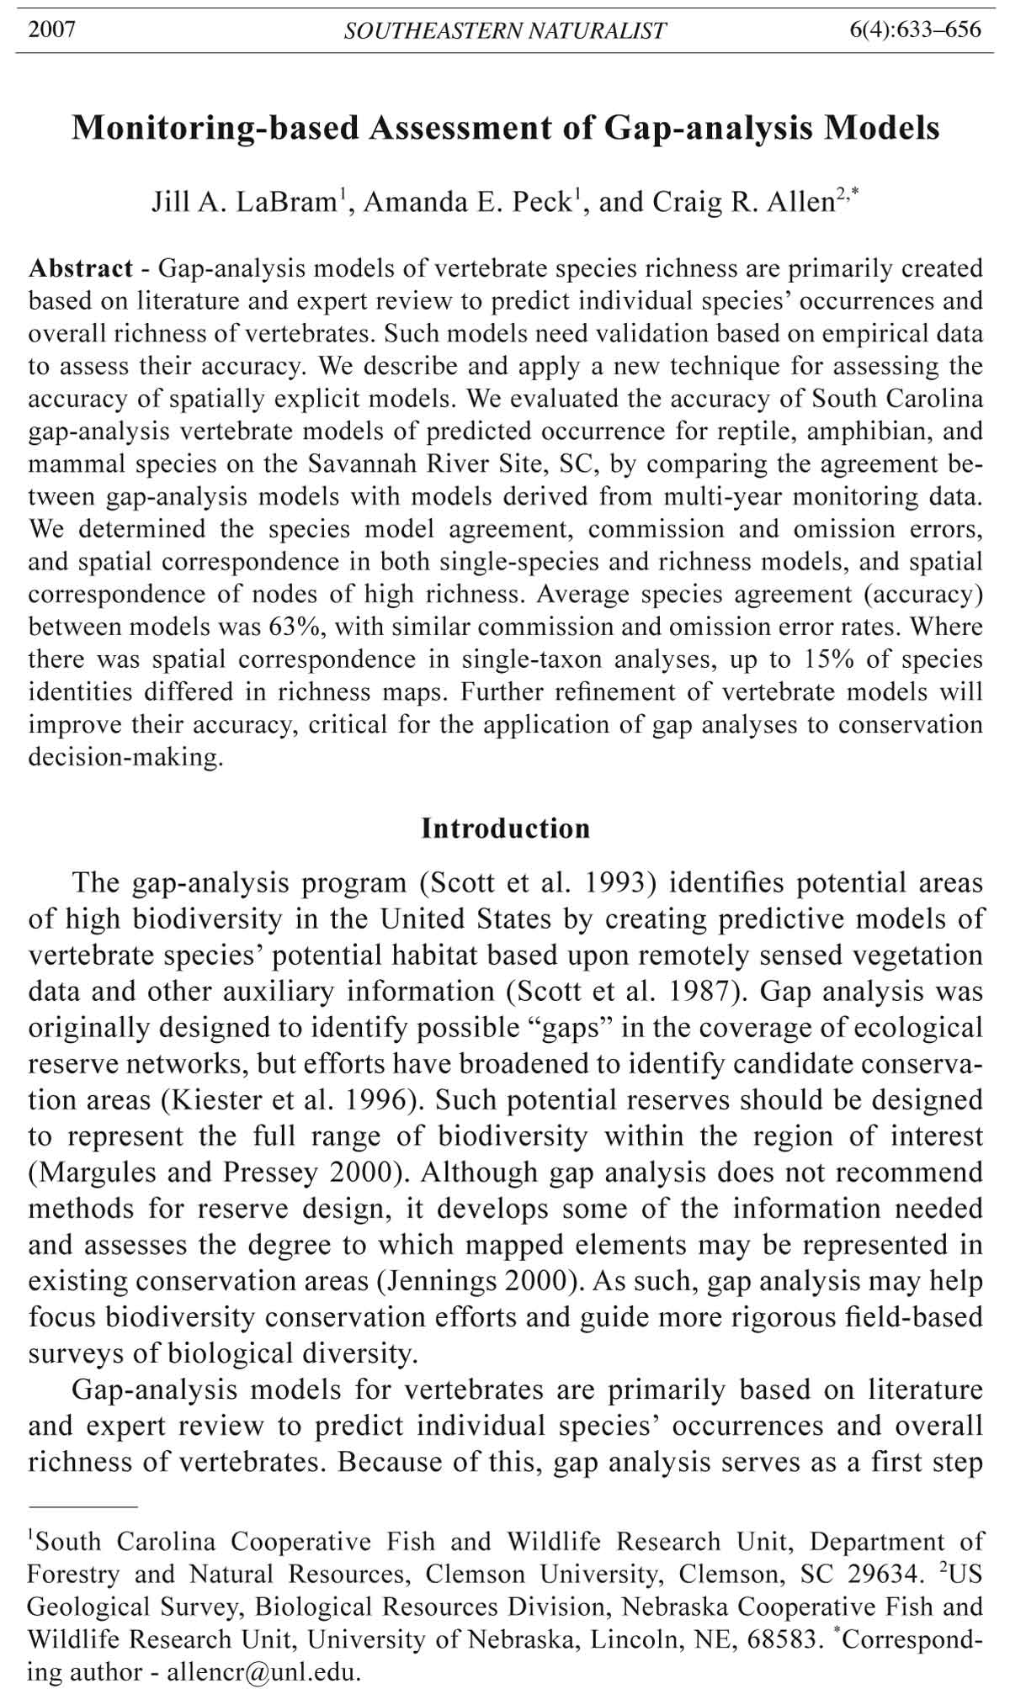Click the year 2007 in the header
tap(52, 30)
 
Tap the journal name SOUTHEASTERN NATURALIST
tap(505, 31)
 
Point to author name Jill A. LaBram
tap(244, 203)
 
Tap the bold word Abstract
tap(81, 268)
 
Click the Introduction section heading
tap(505, 828)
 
